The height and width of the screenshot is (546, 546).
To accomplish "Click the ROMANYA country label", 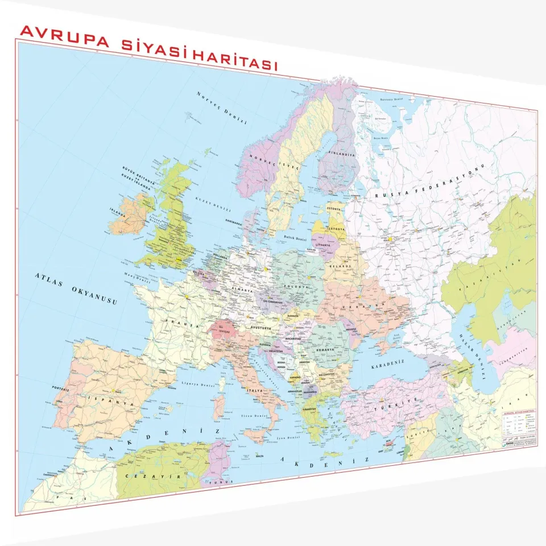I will coord(324,346).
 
